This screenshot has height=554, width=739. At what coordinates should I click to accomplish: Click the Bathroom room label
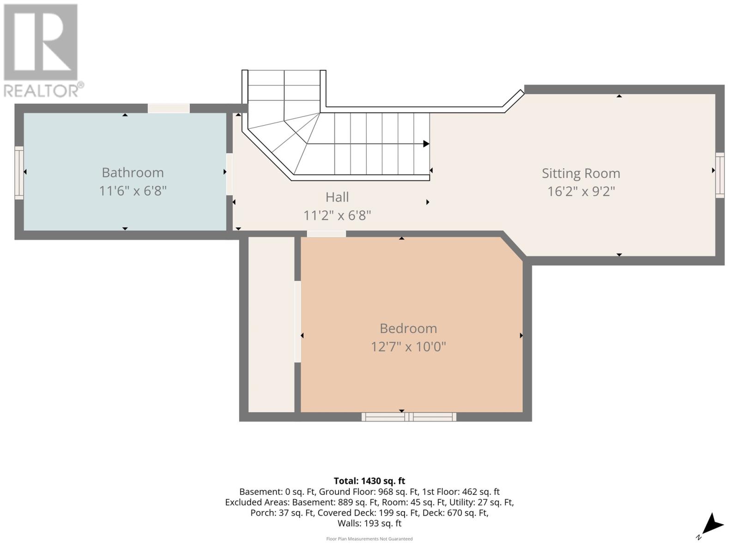[x=133, y=172]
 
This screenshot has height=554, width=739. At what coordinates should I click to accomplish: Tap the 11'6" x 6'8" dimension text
[x=133, y=191]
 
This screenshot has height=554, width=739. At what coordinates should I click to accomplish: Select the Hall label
[x=337, y=197]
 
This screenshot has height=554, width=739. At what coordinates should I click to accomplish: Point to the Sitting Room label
[x=581, y=173]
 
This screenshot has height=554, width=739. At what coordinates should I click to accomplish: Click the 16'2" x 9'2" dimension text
[x=581, y=191]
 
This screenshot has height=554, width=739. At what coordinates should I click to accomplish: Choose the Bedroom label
[x=408, y=328]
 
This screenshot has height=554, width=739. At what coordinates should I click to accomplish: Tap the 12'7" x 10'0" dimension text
[x=408, y=347]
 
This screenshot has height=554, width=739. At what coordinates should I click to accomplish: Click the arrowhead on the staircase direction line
[x=426, y=144]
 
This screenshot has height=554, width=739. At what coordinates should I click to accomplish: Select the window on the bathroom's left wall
[x=19, y=173]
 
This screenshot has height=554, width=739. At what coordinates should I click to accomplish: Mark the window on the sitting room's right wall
[x=720, y=175]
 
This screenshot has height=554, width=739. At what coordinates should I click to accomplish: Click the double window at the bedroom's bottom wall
[x=409, y=417]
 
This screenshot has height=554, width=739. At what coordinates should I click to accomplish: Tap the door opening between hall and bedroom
[x=326, y=234]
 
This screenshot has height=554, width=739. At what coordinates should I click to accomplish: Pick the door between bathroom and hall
[x=229, y=174]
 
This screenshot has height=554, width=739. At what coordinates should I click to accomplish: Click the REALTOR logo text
[x=44, y=90]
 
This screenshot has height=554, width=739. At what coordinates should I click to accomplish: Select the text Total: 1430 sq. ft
[x=369, y=481]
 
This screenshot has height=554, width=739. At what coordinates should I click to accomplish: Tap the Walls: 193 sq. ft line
[x=369, y=523]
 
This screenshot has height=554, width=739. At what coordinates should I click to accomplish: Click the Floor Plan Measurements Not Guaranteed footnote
[x=369, y=539]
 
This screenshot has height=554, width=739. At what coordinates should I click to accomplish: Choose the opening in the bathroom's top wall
[x=169, y=108]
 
